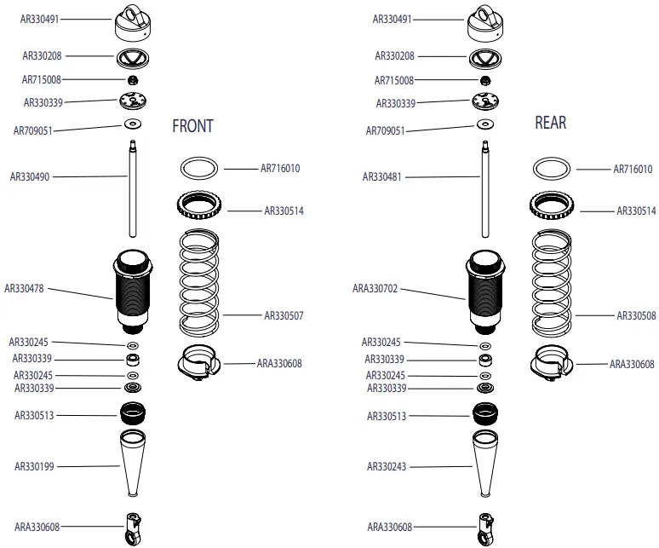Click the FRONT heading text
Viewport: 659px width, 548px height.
[192, 126]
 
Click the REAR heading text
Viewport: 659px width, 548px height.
[550, 123]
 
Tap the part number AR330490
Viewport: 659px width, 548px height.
[30, 177]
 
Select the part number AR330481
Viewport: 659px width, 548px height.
[382, 177]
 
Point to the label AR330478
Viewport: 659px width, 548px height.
[25, 288]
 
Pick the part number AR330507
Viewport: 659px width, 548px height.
[284, 316]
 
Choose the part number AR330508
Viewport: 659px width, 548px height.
[636, 316]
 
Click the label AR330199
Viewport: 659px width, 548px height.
[35, 466]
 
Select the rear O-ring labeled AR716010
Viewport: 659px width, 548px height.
[553, 167]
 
